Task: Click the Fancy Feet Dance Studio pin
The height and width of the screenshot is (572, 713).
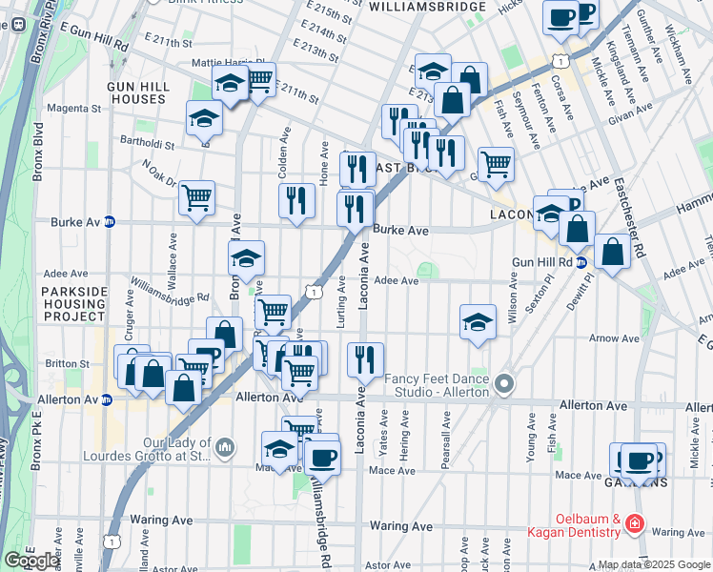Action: click(504, 385)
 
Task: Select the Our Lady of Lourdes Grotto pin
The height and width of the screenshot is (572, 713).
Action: click(225, 445)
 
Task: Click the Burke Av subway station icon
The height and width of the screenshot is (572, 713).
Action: click(110, 222)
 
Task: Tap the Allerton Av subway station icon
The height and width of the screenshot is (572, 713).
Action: click(108, 400)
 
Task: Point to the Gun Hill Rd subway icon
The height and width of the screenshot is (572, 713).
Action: click(581, 262)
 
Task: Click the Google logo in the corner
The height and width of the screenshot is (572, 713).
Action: click(31, 561)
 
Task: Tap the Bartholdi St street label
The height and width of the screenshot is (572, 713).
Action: click(148, 146)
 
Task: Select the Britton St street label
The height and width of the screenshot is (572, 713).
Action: click(67, 363)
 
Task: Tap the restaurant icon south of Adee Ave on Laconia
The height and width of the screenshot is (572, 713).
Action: click(365, 359)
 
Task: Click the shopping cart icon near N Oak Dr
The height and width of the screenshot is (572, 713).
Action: click(196, 197)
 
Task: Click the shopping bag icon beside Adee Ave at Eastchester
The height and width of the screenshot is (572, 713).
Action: click(613, 253)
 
